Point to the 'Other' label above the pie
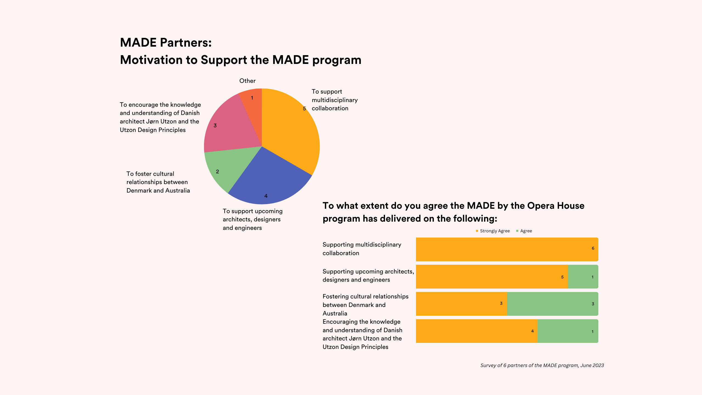click(x=247, y=81)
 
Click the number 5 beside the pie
click(x=304, y=109)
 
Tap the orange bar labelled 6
click(x=507, y=249)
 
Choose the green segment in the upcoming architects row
click(x=583, y=276)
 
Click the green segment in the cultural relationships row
click(x=553, y=304)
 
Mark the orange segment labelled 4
click(x=477, y=331)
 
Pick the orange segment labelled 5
click(x=492, y=276)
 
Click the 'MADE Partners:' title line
click(x=166, y=43)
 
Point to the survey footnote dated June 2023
click(x=542, y=365)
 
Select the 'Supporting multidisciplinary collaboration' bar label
click(x=362, y=249)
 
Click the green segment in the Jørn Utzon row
click(x=568, y=331)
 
